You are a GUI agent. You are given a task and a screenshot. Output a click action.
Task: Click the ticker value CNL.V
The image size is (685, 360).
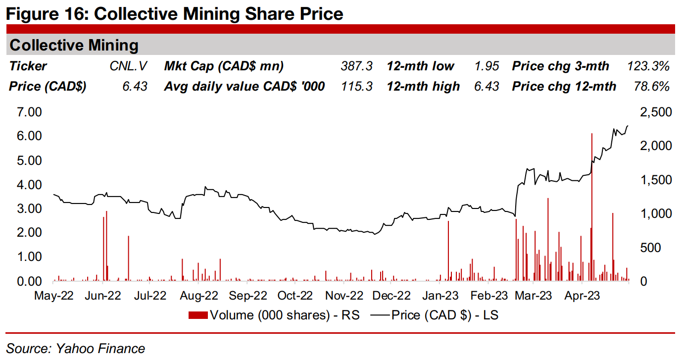click(128, 66)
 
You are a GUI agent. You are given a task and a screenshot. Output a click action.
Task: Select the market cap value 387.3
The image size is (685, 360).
click(356, 66)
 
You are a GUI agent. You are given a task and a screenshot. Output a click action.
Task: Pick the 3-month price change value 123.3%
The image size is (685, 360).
click(648, 66)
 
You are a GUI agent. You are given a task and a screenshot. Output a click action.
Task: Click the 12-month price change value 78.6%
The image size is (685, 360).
click(651, 87)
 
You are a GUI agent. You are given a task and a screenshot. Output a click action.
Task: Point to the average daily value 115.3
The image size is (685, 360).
click(356, 87)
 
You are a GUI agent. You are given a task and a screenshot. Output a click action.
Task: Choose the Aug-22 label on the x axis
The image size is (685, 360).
click(198, 296)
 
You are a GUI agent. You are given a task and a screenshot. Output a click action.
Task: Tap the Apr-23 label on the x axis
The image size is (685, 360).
click(583, 296)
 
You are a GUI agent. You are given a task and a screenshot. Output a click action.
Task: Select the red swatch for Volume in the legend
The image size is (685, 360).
click(198, 315)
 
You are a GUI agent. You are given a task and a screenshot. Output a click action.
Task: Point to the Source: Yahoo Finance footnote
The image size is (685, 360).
click(76, 349)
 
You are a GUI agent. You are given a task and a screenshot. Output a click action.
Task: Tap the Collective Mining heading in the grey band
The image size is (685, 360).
click(74, 46)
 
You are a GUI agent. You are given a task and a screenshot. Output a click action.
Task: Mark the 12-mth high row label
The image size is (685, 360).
click(423, 87)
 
